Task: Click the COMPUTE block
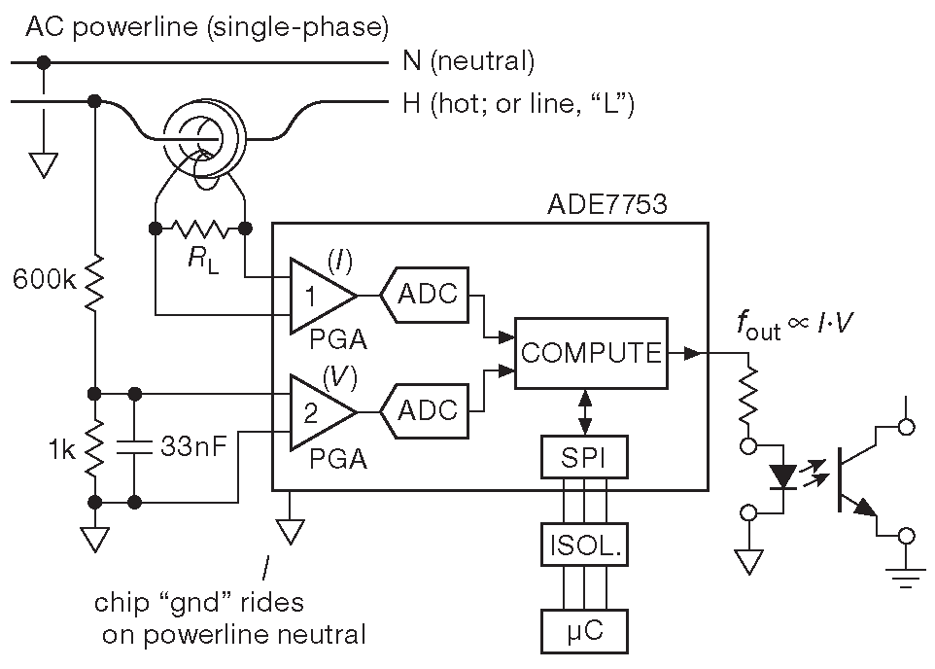point(591,352)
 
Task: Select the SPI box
point(584,457)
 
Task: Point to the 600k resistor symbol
point(94,282)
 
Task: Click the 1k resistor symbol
point(94,447)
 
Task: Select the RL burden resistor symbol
point(199,229)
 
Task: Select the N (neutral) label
point(467,62)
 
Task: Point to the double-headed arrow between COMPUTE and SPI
point(584,412)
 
